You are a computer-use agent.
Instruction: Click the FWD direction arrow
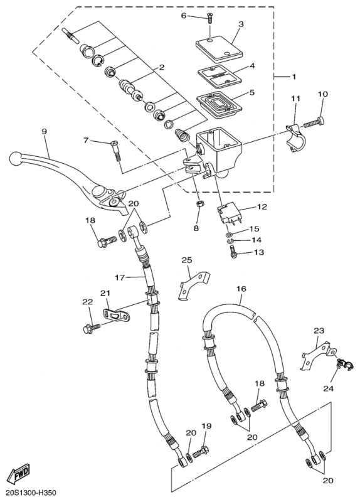[x=19, y=474]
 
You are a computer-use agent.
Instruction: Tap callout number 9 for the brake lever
[x=44, y=131]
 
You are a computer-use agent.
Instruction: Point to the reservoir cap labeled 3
[x=220, y=48]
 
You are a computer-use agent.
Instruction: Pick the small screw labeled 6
[x=209, y=18]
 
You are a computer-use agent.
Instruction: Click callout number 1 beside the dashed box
[x=294, y=77]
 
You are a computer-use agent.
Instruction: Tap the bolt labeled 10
[x=314, y=122]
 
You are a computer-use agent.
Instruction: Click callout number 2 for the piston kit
[x=162, y=68]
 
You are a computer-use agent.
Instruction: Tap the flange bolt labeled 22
[x=91, y=328]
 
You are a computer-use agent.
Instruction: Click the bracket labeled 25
[x=193, y=285]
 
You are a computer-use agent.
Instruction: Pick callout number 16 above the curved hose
[x=241, y=289]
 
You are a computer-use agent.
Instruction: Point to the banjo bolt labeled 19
[x=201, y=451]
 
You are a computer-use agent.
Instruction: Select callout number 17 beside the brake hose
[x=120, y=278]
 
